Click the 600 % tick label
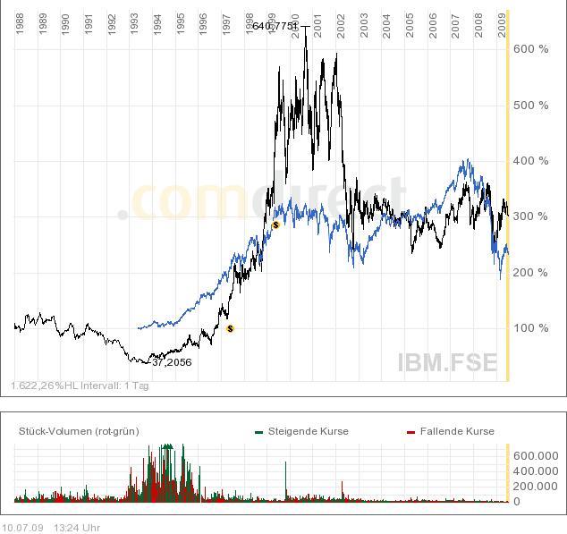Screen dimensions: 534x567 coord(531,49)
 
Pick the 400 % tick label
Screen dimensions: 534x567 coord(531,161)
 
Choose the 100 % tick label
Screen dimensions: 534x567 coord(531,328)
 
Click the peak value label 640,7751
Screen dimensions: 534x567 coord(275,26)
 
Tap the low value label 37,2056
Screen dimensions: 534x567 coord(172,362)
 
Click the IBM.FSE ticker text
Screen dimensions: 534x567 coord(447,361)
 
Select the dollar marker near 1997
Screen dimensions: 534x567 coord(231,329)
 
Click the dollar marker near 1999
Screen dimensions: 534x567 coord(275,225)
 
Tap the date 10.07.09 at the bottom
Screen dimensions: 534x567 coord(21,528)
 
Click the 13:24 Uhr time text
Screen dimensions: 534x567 coord(77,528)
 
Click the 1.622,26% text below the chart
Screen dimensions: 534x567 coord(38,386)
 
